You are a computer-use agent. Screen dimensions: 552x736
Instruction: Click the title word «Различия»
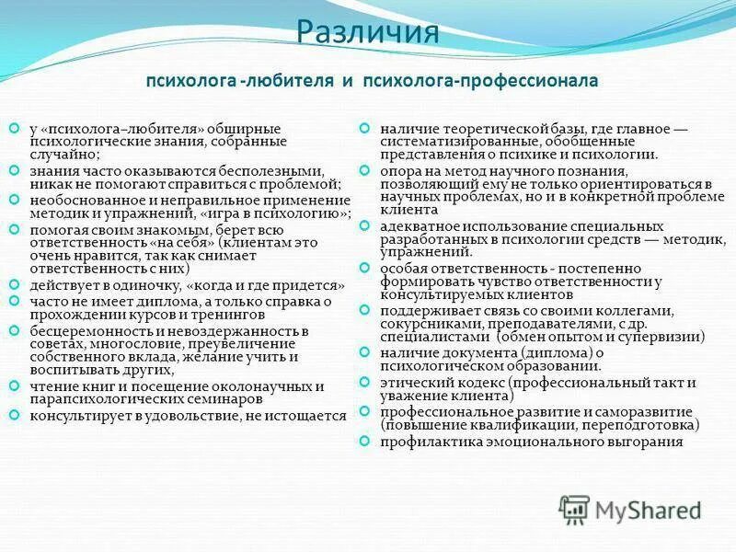(367, 35)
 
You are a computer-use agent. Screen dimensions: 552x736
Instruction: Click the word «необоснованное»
(79, 200)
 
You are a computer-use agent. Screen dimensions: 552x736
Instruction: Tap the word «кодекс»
(470, 382)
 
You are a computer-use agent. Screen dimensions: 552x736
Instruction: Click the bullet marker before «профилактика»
(364, 440)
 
